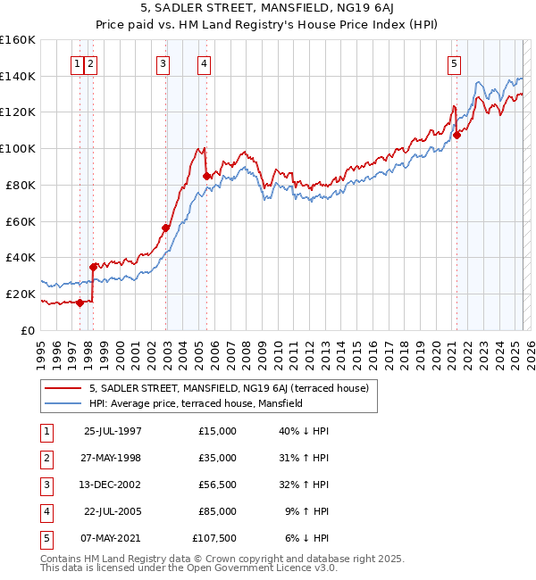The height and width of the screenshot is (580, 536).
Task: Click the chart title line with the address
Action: (268, 10)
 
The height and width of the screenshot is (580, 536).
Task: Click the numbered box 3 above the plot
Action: (163, 63)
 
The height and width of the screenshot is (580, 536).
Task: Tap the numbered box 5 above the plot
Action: (455, 63)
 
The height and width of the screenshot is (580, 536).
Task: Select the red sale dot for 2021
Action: (456, 135)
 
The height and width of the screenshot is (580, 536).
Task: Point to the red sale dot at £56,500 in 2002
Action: (166, 228)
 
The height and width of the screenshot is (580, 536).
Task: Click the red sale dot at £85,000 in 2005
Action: (207, 176)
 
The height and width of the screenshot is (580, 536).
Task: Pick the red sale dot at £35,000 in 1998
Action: (94, 266)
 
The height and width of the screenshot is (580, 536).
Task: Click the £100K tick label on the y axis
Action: (18, 148)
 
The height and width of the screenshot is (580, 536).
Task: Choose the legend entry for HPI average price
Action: (196, 403)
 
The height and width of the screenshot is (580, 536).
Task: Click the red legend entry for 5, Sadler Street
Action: (234, 387)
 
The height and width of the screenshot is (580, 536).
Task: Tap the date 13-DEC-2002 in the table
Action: (113, 485)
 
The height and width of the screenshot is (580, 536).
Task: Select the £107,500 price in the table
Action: (214, 538)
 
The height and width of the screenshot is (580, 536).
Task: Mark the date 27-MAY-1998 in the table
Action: (113, 458)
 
